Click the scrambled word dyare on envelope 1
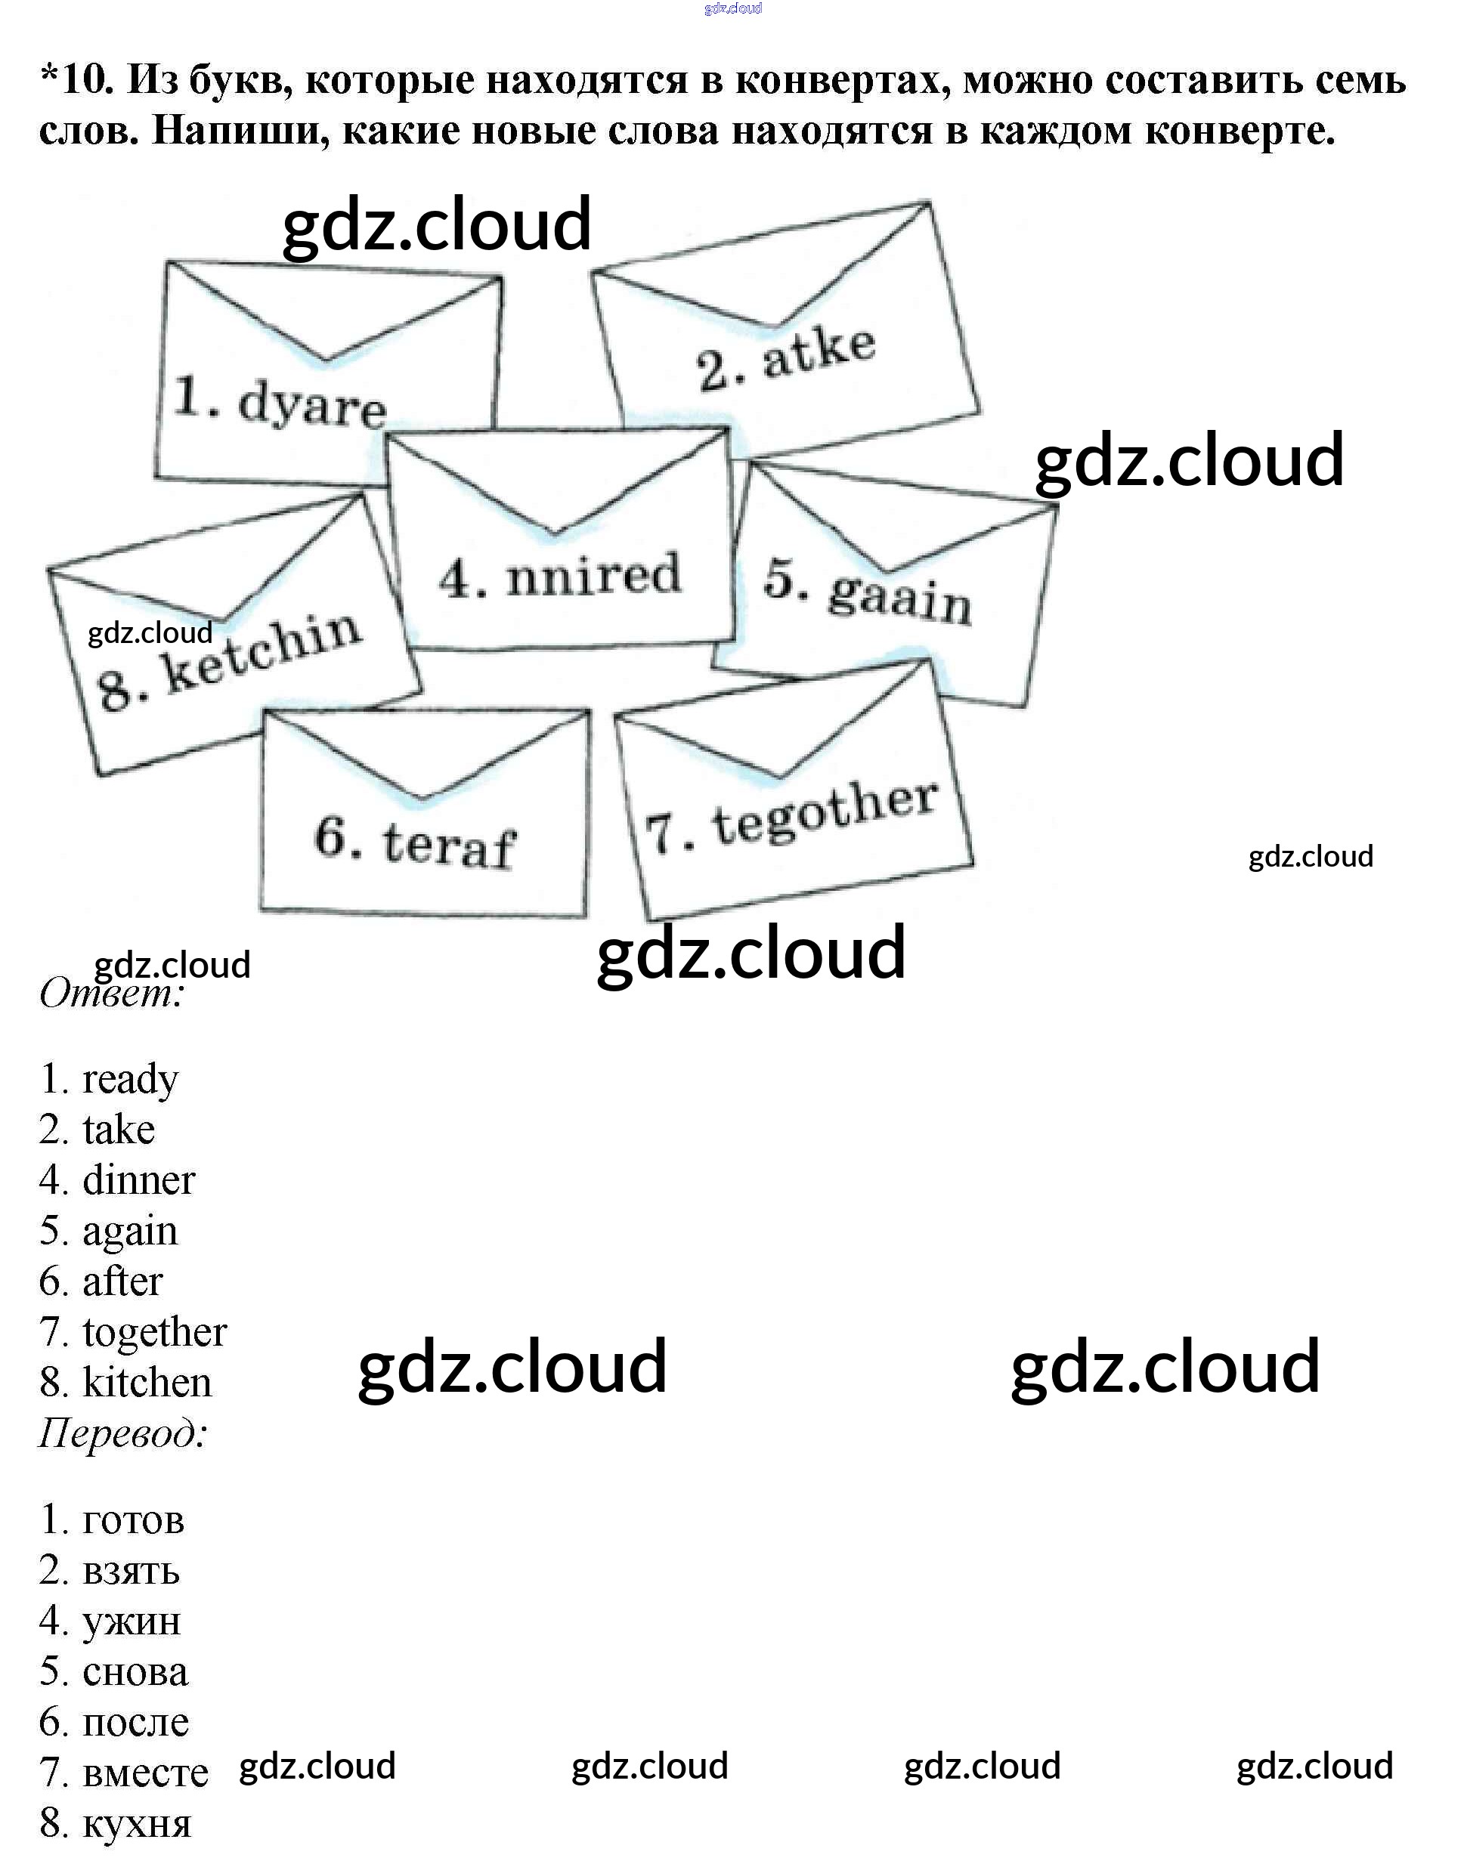tap(313, 405)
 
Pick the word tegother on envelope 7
tap(825, 811)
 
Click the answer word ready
tap(131, 1079)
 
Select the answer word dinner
tap(139, 1180)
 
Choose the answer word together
tap(155, 1332)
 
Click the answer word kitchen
tap(147, 1383)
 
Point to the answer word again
tap(131, 1231)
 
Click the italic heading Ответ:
tap(112, 994)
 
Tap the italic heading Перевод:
tap(123, 1433)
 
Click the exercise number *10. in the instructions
tap(77, 80)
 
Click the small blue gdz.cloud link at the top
tap(732, 8)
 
